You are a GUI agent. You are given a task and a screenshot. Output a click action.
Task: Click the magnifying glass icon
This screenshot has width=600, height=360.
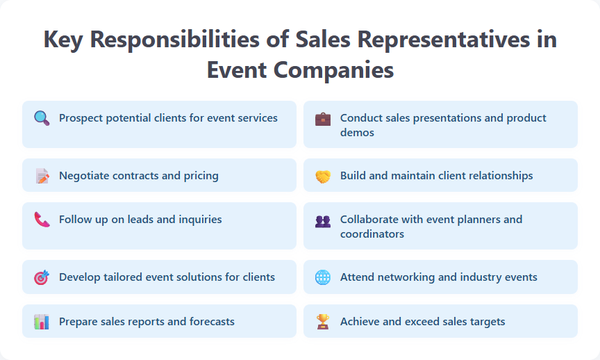[42, 118]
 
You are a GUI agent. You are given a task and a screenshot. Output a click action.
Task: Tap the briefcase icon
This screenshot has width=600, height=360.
[323, 118]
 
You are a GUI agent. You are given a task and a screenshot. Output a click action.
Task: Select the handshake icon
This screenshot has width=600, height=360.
[323, 176]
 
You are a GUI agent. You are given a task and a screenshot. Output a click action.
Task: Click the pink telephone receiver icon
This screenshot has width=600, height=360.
[42, 220]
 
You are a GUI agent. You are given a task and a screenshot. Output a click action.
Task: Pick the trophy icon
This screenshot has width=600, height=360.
[323, 322]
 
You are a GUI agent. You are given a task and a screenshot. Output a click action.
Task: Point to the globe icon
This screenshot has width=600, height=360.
[323, 277]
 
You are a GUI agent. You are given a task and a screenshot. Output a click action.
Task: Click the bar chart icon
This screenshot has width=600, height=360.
[42, 322]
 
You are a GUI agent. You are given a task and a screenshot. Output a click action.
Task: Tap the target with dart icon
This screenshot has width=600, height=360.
[42, 277]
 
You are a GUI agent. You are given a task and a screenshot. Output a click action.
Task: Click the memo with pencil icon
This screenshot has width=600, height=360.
[42, 176]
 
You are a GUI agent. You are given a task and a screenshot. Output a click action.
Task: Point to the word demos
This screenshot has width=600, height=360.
[357, 133]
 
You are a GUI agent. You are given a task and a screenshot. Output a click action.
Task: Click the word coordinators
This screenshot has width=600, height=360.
[372, 234]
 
